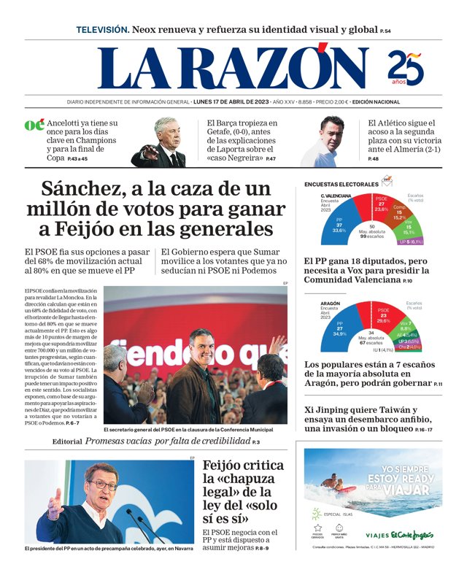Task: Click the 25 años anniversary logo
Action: pos(406,68)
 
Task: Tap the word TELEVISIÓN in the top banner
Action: pos(102,30)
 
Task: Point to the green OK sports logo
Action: pos(34,125)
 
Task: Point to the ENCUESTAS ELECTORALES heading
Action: pos(341,184)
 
